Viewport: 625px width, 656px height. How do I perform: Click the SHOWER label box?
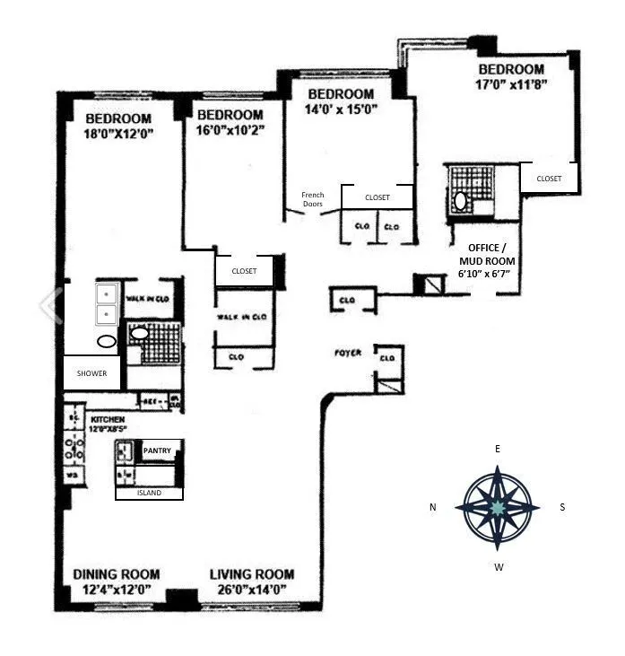tap(91, 373)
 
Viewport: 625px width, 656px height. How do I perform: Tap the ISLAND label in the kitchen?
tap(149, 493)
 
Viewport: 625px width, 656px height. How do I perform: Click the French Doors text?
tap(312, 199)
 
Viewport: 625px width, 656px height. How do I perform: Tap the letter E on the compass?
tap(498, 448)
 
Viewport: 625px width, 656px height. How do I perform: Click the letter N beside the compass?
tap(432, 507)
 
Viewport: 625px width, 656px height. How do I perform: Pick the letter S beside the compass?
tap(563, 507)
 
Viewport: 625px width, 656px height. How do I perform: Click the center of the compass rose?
tap(498, 507)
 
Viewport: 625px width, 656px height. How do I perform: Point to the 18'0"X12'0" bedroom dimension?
tap(118, 136)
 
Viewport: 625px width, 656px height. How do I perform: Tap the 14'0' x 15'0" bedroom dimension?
tap(341, 110)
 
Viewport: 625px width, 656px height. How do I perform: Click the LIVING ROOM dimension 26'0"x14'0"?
tap(250, 589)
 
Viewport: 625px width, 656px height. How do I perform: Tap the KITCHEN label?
tap(108, 419)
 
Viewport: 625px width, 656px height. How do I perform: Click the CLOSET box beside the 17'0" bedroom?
tap(549, 179)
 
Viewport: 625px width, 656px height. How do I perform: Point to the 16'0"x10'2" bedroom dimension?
tap(230, 131)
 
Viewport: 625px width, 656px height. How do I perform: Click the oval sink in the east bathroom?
tap(461, 201)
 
